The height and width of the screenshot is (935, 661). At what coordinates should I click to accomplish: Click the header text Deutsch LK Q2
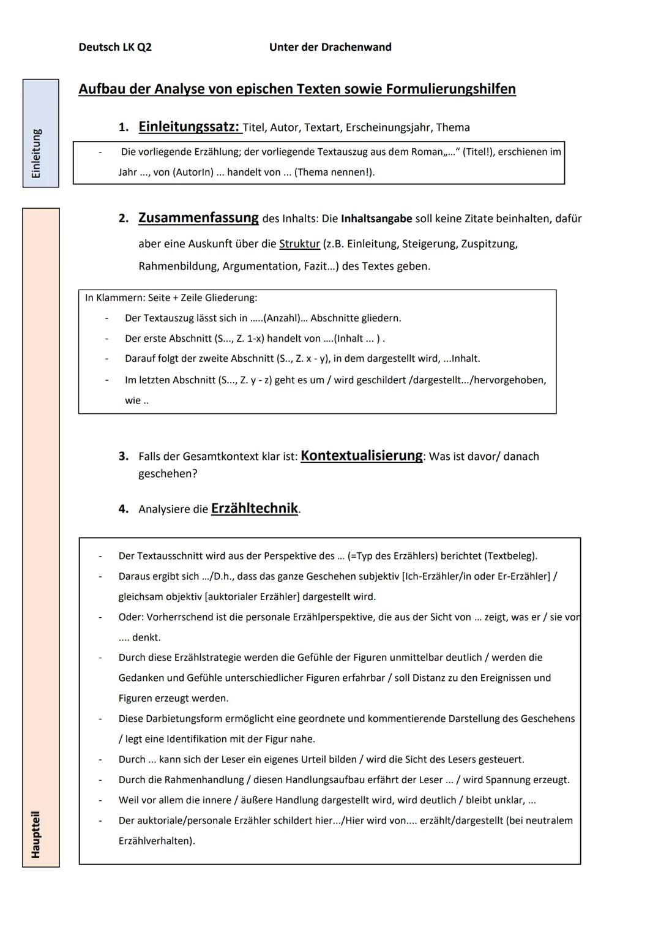[115, 47]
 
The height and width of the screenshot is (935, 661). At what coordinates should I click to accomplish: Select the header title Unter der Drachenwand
[330, 47]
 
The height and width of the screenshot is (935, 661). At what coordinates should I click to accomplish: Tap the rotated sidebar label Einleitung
[37, 154]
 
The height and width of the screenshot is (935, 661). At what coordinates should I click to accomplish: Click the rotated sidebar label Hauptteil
[36, 834]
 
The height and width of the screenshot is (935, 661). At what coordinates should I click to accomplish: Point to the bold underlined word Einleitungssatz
[189, 127]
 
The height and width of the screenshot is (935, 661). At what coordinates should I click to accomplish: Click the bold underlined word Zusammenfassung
[198, 218]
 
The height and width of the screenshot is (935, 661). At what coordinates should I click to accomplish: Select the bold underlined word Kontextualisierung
[361, 456]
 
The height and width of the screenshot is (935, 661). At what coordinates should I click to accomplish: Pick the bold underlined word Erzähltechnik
[255, 508]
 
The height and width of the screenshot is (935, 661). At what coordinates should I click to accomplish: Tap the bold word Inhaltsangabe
[376, 219]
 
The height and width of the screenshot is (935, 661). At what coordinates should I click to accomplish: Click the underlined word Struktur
[299, 244]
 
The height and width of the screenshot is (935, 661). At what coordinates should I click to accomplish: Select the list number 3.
[123, 456]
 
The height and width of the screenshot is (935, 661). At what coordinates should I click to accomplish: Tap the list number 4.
[123, 509]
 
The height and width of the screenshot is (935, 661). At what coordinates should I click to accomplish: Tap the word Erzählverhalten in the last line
[155, 841]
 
